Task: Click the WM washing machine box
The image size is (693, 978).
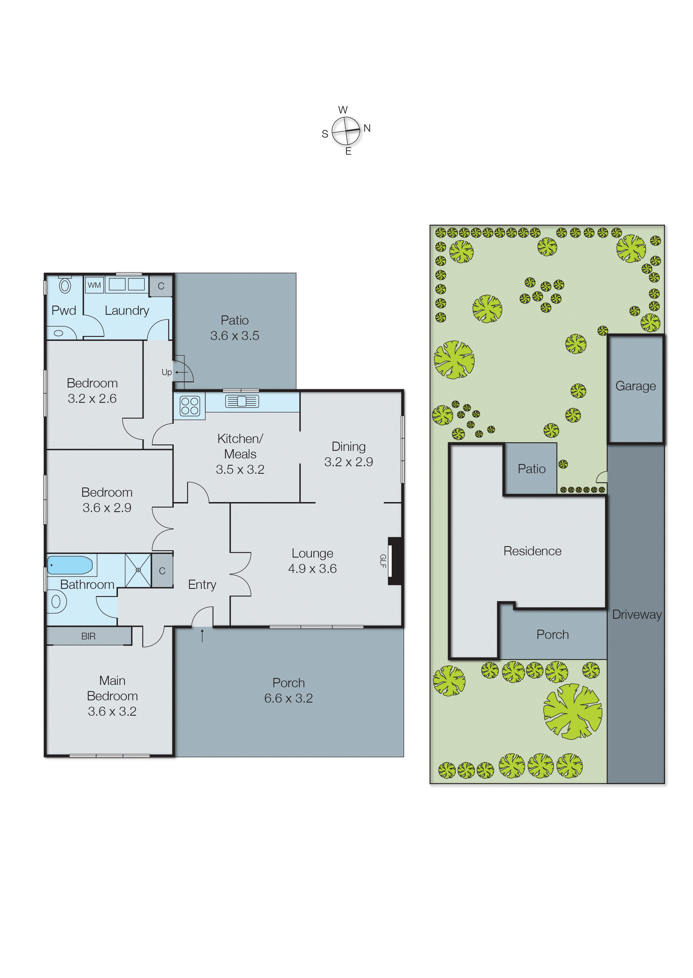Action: (x=94, y=285)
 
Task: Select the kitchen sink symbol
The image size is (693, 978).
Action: (x=242, y=401)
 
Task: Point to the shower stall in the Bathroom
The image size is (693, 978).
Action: (x=138, y=570)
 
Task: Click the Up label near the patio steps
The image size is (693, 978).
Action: (x=167, y=372)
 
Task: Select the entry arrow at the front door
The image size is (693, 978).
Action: (x=202, y=636)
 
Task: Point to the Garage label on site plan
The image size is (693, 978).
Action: (x=635, y=386)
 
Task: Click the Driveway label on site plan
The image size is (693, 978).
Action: (x=637, y=615)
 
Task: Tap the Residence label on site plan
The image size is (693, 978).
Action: (x=532, y=551)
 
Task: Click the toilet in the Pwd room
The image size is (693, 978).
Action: (x=65, y=286)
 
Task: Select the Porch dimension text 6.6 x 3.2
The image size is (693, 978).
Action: (x=288, y=698)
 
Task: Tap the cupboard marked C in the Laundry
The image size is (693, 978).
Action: (x=161, y=286)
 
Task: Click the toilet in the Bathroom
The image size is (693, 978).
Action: (x=56, y=602)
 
